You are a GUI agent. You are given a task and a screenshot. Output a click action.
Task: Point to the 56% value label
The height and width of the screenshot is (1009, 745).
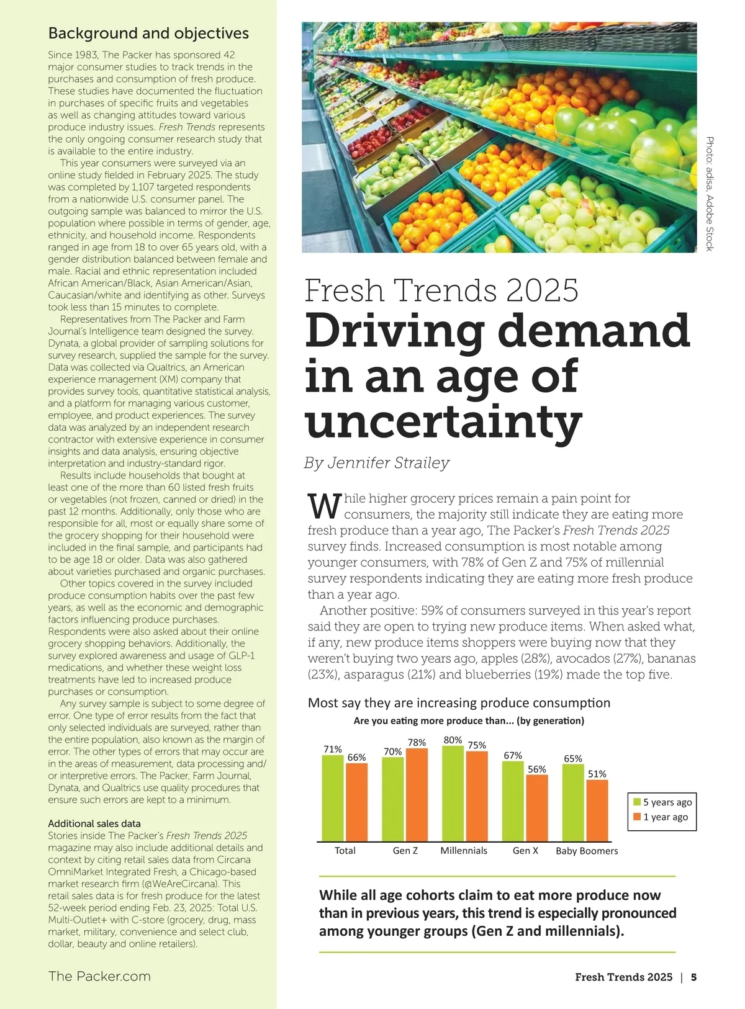pyautogui.click(x=537, y=769)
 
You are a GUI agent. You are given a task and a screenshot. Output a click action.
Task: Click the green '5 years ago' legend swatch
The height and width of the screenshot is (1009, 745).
pyautogui.click(x=636, y=802)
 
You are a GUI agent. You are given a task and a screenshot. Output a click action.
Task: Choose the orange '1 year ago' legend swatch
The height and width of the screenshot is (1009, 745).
pyautogui.click(x=636, y=817)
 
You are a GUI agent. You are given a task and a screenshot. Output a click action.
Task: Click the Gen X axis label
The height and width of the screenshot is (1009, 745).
pyautogui.click(x=525, y=851)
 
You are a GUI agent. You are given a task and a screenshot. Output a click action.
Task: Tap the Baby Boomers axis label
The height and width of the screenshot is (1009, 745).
pyautogui.click(x=587, y=851)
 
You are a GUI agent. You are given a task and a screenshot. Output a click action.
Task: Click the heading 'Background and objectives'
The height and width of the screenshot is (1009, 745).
pyautogui.click(x=148, y=34)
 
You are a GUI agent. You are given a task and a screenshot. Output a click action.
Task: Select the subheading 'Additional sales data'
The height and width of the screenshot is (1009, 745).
pyautogui.click(x=94, y=823)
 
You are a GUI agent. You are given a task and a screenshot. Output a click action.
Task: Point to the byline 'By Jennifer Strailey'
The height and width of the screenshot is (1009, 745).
pyautogui.click(x=376, y=463)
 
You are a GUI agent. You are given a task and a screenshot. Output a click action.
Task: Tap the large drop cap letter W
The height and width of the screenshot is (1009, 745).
pyautogui.click(x=324, y=506)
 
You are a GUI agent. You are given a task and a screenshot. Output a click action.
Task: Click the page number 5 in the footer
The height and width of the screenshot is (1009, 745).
pyautogui.click(x=693, y=977)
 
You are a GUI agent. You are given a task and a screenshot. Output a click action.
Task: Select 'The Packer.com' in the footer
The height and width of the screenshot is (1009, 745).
pyautogui.click(x=99, y=976)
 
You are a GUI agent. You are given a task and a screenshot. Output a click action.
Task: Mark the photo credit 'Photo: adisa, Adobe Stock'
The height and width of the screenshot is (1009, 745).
pyautogui.click(x=710, y=194)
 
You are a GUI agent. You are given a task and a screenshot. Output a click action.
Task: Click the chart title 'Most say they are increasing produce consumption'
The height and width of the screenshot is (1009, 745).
pyautogui.click(x=459, y=703)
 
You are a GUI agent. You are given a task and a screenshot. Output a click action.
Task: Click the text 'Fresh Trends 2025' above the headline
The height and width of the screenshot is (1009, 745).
pyautogui.click(x=441, y=290)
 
